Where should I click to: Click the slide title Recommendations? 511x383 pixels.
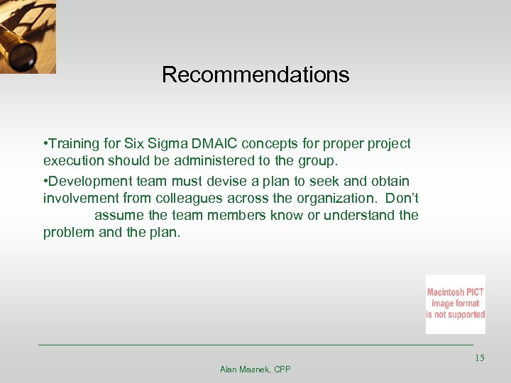pyautogui.click(x=255, y=74)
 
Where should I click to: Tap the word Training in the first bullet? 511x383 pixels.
pyautogui.click(x=73, y=144)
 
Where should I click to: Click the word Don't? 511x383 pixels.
pyautogui.click(x=402, y=198)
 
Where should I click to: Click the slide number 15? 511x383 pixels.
pyautogui.click(x=479, y=358)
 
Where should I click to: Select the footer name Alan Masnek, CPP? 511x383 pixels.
pyautogui.click(x=255, y=370)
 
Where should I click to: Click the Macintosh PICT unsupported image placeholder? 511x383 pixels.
pyautogui.click(x=456, y=304)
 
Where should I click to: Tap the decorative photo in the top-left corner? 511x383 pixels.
pyautogui.click(x=28, y=36)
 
